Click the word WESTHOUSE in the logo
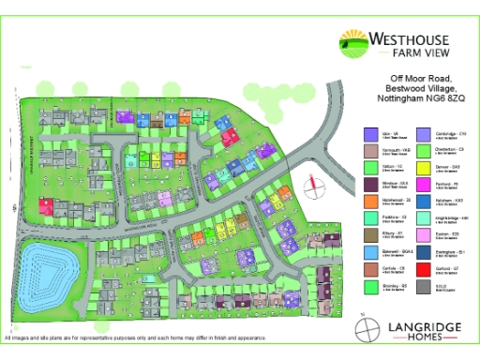tap(412, 39)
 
